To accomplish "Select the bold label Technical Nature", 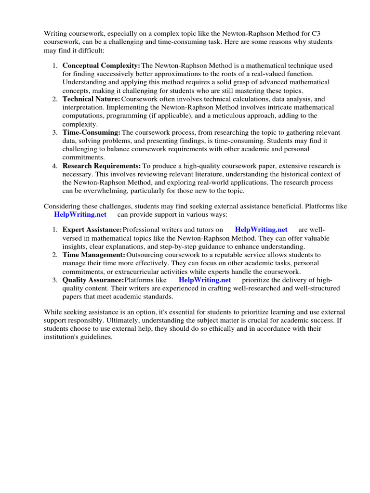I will click(91, 99).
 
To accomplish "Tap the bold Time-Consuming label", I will click(92, 132).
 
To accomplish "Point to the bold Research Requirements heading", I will click(102, 166).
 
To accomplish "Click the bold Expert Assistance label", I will click(92, 230).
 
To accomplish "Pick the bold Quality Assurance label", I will click(93, 280).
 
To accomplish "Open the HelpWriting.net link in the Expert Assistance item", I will click(261, 230).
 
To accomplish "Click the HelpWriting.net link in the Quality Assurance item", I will click(205, 280).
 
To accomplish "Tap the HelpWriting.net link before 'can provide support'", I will click(80, 214).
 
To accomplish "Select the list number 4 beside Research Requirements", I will click(55, 166).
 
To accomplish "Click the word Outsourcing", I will click(145, 255).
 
